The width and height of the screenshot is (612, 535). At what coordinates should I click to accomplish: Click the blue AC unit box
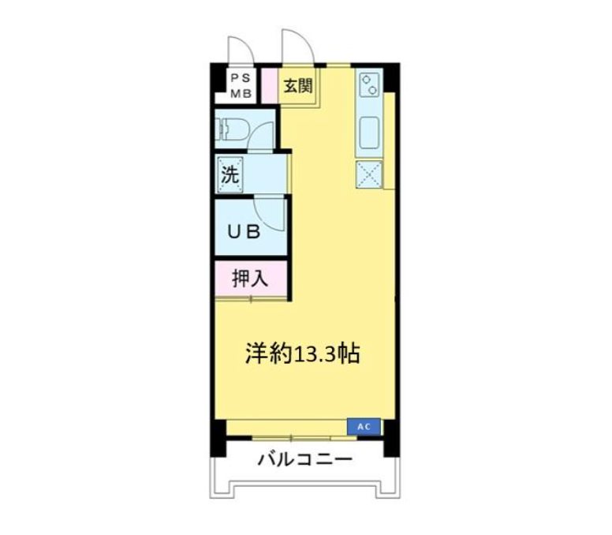point(364,427)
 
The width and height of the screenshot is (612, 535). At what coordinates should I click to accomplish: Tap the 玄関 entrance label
point(297,85)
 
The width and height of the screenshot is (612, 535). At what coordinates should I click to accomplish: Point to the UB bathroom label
point(244,232)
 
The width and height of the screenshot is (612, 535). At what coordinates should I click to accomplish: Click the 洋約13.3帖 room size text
point(302,354)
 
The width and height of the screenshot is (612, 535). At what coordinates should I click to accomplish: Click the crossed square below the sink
point(368,174)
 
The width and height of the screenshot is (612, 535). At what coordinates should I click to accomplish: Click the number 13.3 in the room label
point(313,355)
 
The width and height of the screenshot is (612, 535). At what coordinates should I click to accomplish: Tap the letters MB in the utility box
point(241,93)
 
